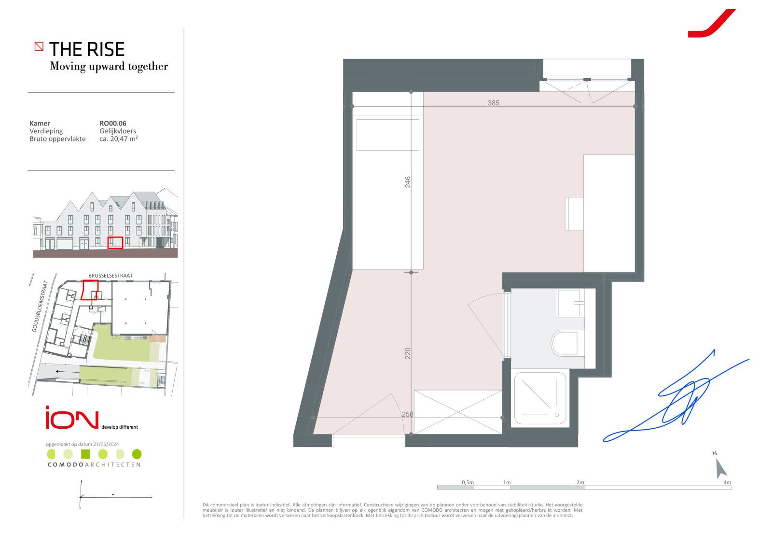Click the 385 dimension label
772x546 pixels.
click(493, 103)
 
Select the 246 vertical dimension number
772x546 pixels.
click(407, 182)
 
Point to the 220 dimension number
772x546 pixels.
click(407, 353)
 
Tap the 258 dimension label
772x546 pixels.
click(407, 414)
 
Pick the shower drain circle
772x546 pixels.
click(557, 415)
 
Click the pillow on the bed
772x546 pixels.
click(388, 135)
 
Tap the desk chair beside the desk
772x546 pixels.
click(574, 213)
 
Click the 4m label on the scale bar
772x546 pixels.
click(727, 482)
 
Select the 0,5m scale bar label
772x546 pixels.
click(468, 482)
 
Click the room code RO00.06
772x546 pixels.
click(113, 123)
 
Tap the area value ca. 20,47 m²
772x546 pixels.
click(119, 139)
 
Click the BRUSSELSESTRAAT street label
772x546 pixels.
click(110, 276)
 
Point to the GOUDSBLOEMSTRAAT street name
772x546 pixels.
click(40, 306)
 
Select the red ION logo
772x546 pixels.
click(72, 418)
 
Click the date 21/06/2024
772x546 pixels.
click(106, 444)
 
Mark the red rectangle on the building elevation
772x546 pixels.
click(115, 243)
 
